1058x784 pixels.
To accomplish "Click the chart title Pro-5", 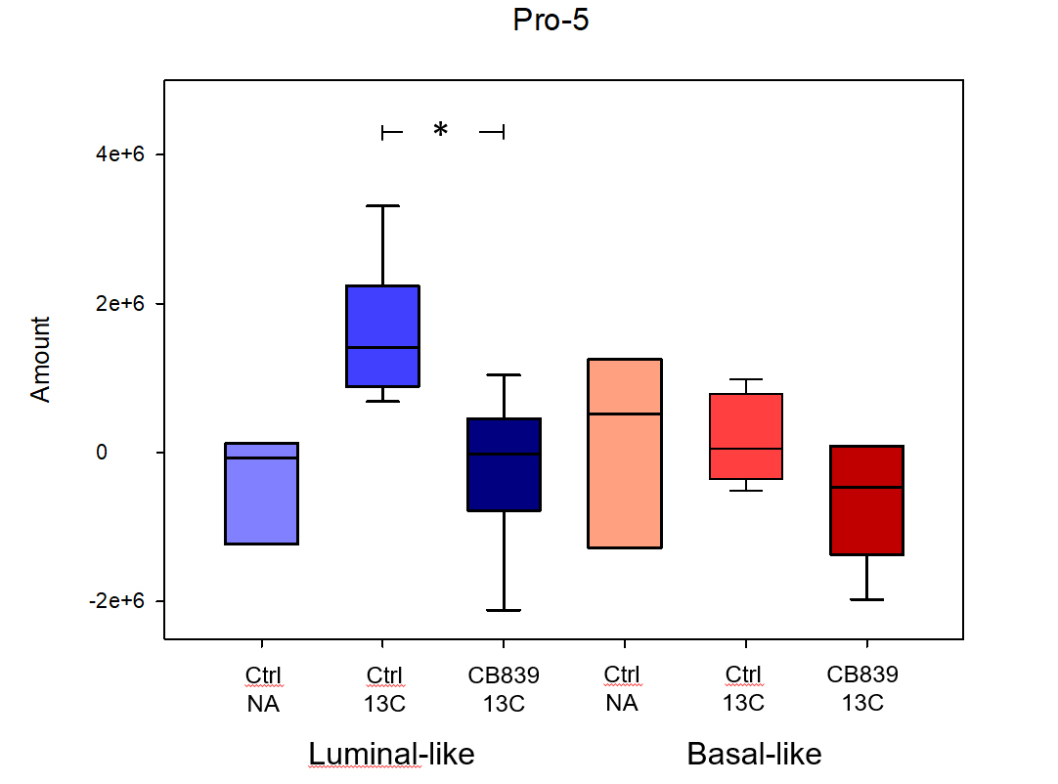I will coord(551,21).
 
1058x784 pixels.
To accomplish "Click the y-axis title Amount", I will coord(40,359).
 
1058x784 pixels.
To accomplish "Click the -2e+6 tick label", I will coord(116,601).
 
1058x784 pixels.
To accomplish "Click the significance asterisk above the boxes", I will coord(441,130).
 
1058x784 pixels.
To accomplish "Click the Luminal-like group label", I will coord(391,755).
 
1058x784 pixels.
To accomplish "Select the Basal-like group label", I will coord(754,755).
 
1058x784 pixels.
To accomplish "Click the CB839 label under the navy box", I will coord(504,675).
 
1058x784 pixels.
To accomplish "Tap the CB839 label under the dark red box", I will coord(862,675).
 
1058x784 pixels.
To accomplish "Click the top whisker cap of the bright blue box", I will coord(382,205).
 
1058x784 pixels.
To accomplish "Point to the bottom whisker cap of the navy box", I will coord(504,610).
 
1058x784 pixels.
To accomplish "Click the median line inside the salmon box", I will coord(624,414).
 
